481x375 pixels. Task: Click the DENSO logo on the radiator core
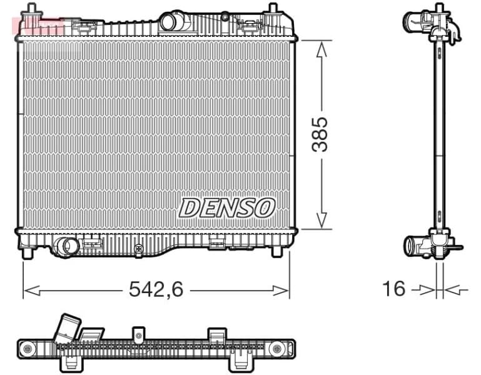coord(227,207)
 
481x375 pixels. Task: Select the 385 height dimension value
coord(320,134)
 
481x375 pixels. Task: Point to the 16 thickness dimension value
coord(394,289)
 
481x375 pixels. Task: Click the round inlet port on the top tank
coord(170,22)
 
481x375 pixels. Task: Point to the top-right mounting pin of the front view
coord(273,11)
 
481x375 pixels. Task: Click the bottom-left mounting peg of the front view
coord(28,253)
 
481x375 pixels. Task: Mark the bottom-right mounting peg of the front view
coord(276,252)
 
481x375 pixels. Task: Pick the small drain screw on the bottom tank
coord(138,249)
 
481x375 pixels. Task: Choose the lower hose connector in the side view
coord(415,245)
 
